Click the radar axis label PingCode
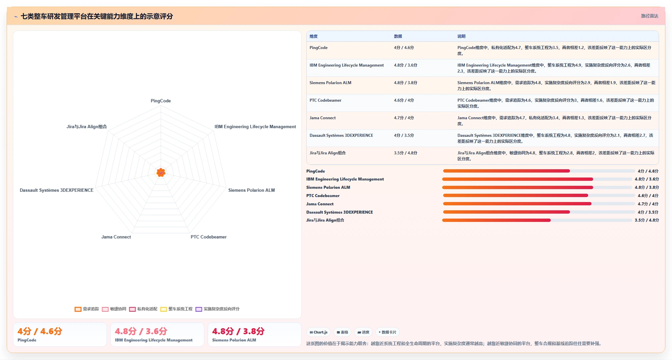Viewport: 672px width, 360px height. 161,101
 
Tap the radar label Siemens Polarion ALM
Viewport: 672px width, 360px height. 251,190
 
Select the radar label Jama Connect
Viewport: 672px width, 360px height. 116,237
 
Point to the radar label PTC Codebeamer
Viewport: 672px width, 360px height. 209,237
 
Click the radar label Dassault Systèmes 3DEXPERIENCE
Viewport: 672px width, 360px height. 57,190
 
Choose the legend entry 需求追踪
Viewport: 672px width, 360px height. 87,309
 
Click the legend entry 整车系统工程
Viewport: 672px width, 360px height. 176,309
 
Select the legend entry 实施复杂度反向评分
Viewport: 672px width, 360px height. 217,309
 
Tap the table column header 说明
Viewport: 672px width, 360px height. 461,36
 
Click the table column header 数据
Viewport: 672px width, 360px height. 398,36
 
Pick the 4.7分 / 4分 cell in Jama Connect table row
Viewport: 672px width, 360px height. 404,118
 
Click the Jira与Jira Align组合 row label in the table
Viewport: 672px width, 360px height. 328,153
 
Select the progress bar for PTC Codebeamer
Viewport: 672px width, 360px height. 539,196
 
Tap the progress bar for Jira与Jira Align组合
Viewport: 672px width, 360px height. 537,220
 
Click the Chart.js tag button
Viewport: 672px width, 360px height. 319,332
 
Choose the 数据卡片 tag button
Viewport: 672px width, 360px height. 387,332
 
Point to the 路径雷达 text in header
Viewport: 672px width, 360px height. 649,16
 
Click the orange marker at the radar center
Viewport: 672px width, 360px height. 161,172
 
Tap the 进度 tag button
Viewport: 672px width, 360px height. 363,332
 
